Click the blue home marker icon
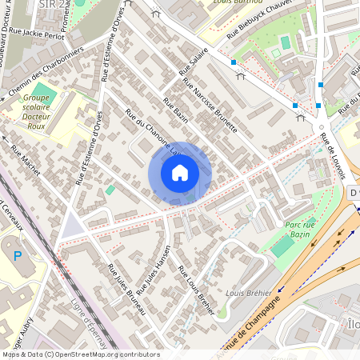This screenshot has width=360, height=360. coord(180,173)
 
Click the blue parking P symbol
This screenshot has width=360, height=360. coord(18,255)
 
